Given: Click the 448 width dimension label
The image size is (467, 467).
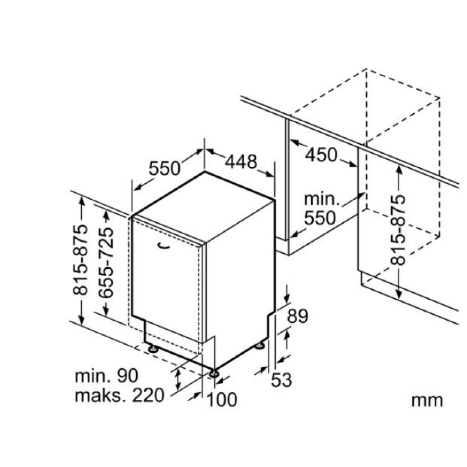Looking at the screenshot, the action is (241, 162).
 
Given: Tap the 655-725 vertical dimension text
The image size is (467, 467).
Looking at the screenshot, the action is (106, 263).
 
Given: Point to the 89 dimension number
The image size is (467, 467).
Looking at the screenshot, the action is (298, 316).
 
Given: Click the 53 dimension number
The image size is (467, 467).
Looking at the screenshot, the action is (281, 380).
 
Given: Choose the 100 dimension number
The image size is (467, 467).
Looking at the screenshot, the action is (222, 400).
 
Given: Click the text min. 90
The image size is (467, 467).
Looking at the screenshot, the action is (107, 376).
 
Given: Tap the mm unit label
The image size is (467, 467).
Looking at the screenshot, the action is (427, 401).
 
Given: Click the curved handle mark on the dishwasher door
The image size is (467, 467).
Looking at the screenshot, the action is (163, 245).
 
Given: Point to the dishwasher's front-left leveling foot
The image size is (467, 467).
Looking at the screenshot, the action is (153, 349).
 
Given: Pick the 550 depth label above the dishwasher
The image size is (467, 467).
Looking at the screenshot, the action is (165, 169).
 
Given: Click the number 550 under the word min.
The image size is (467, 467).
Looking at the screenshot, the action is (320, 218).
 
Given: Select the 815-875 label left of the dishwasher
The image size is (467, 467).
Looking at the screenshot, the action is (80, 260).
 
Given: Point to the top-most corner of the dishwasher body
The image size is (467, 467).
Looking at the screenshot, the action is (205, 172).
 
